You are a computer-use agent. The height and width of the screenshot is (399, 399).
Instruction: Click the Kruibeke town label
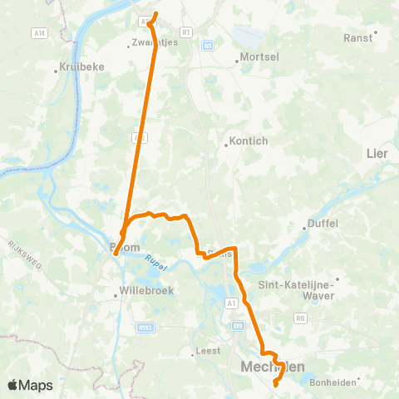(80, 68)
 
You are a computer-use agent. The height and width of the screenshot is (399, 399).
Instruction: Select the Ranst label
(358, 37)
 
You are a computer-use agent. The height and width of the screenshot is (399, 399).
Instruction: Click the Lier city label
(377, 153)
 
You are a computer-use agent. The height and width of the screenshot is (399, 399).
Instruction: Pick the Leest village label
(208, 351)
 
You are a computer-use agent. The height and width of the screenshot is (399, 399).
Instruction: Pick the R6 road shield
(301, 316)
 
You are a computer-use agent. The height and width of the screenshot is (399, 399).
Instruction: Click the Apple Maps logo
(30, 385)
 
